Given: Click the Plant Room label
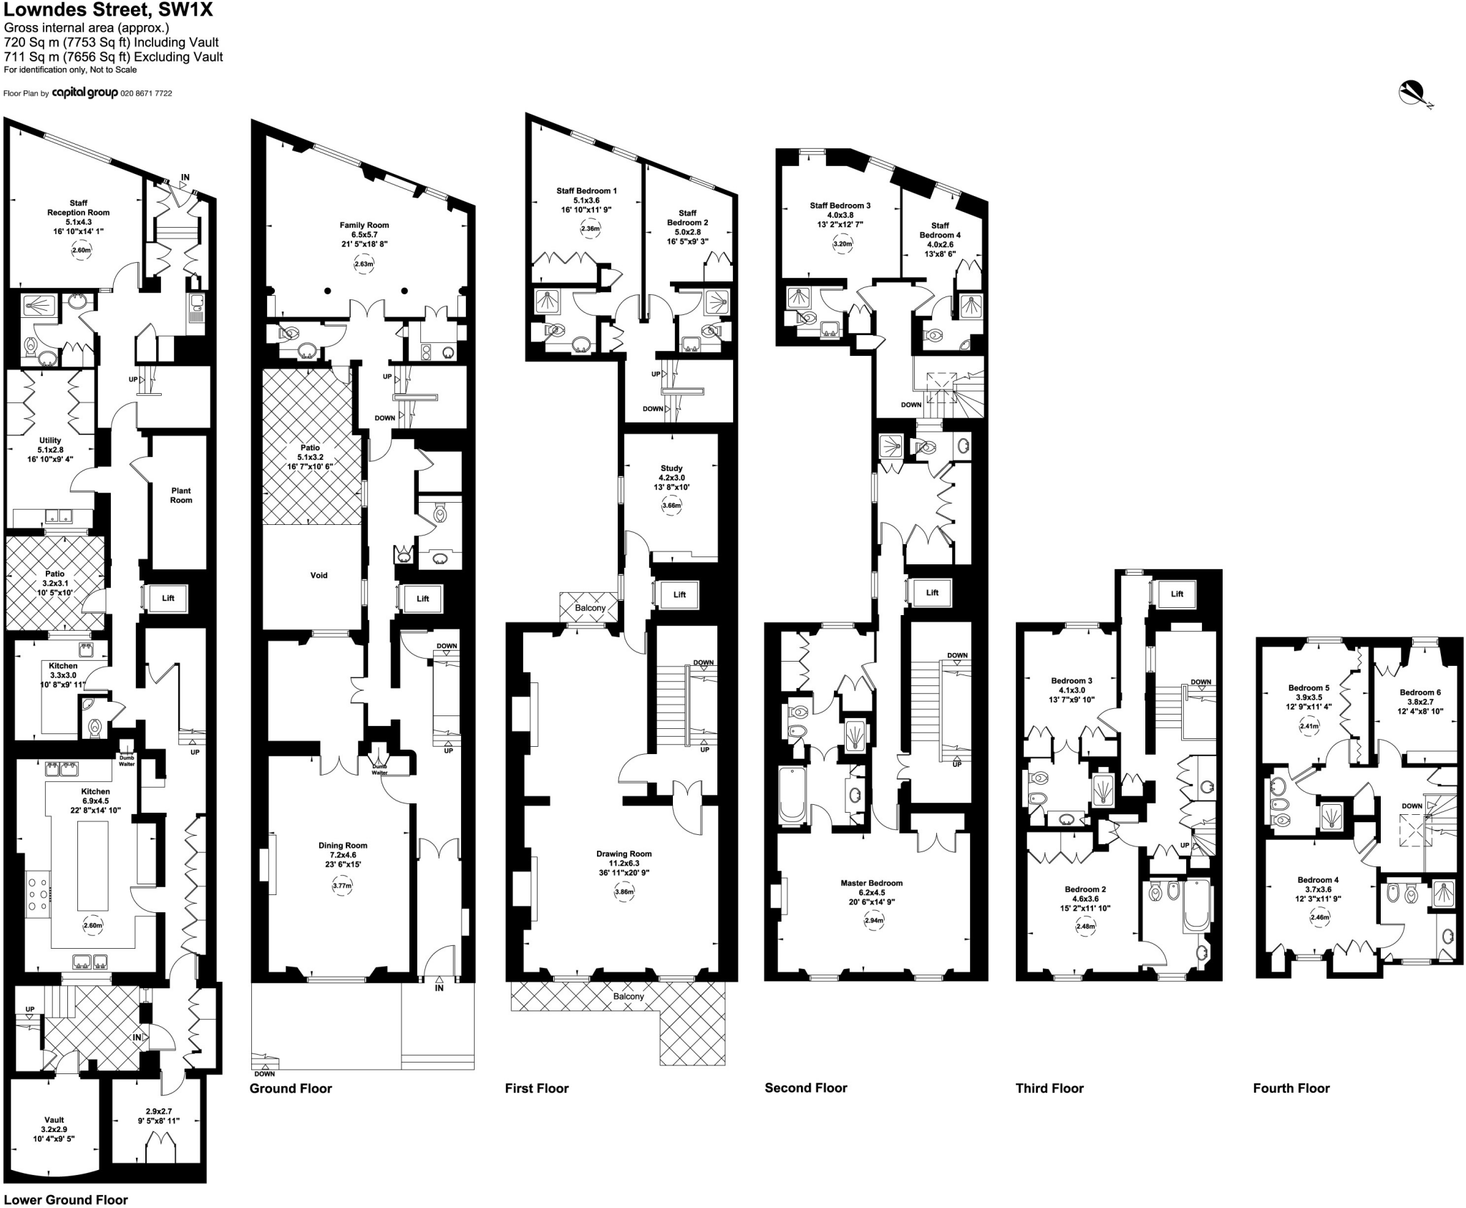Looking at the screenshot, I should pyautogui.click(x=180, y=496).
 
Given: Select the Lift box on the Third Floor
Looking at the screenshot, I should pyautogui.click(x=1177, y=594).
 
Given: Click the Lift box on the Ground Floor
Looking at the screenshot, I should pyautogui.click(x=422, y=599).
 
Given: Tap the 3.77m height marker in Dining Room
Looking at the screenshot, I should pyautogui.click(x=343, y=886).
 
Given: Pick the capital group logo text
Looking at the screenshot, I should pyautogui.click(x=84, y=92).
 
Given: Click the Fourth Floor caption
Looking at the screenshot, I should pyautogui.click(x=1291, y=1088).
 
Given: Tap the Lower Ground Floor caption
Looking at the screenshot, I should pyautogui.click(x=66, y=1200).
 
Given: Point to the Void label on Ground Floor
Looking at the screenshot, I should pyautogui.click(x=319, y=575).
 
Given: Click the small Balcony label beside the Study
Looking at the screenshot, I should pyautogui.click(x=590, y=608).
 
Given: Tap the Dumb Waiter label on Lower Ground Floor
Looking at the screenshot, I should pyautogui.click(x=127, y=761).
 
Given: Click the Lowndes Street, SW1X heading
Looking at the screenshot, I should pyautogui.click(x=107, y=11).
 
